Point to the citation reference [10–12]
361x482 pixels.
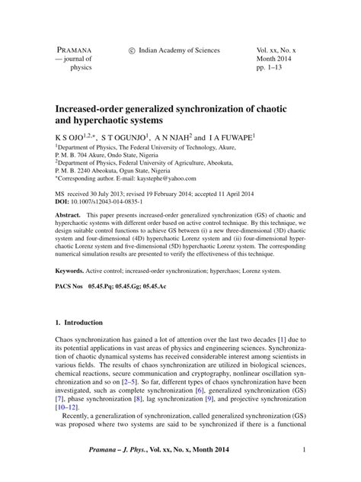coord(67,407)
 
